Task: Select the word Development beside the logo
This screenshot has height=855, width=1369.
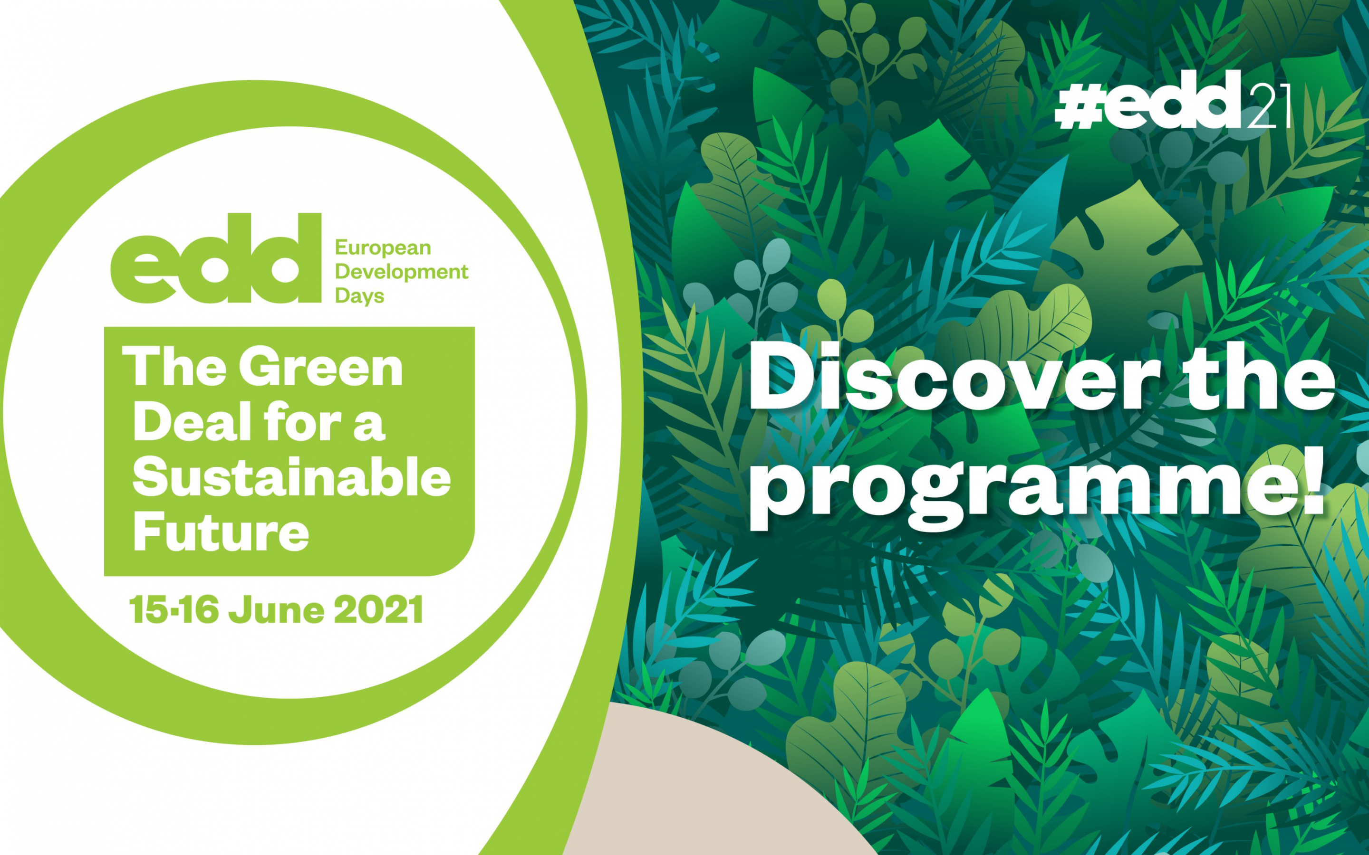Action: click(x=402, y=272)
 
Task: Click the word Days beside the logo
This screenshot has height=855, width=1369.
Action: click(x=360, y=296)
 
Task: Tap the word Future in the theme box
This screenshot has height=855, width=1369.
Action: click(x=221, y=532)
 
